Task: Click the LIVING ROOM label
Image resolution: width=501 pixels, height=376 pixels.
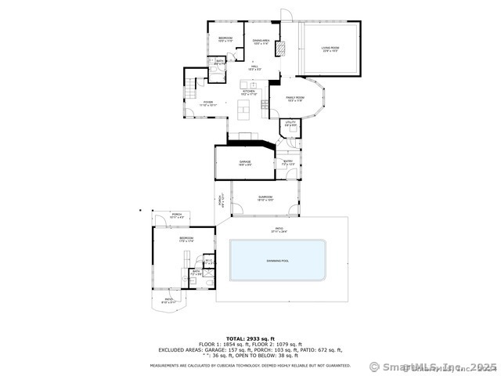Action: pyautogui.click(x=330, y=49)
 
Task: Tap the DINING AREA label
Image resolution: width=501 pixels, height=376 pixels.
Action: pyautogui.click(x=261, y=42)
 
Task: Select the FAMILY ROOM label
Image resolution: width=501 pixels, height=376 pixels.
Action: pyautogui.click(x=295, y=99)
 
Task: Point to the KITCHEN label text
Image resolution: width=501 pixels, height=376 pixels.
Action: pyautogui.click(x=249, y=92)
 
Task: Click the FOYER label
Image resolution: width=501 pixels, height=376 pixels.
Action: pyautogui.click(x=208, y=103)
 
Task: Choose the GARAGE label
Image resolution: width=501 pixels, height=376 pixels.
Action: pyautogui.click(x=245, y=163)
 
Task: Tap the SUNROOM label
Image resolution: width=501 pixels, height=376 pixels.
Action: pyautogui.click(x=265, y=198)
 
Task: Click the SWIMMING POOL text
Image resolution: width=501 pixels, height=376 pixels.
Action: pyautogui.click(x=278, y=259)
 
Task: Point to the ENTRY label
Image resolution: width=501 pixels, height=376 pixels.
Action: pyautogui.click(x=288, y=163)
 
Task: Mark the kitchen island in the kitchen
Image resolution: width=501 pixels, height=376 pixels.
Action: pyautogui.click(x=245, y=107)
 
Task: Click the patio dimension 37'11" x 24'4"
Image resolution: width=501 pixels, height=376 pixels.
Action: pyautogui.click(x=279, y=231)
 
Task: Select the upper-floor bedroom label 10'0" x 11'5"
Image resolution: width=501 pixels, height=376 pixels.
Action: pyautogui.click(x=225, y=39)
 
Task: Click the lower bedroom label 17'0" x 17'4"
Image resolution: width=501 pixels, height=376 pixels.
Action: pyautogui.click(x=186, y=239)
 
